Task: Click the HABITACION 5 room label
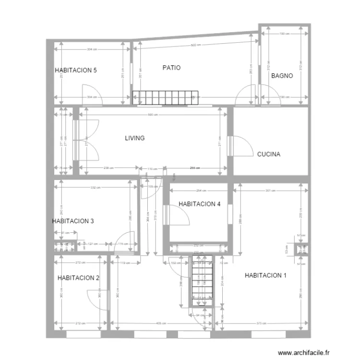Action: tap(76, 70)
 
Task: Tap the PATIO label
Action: tap(171, 68)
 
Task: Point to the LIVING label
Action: tap(135, 138)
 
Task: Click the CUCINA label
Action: tap(269, 155)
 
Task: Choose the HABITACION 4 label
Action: tap(199, 204)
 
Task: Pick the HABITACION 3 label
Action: tap(72, 221)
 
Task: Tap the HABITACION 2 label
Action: tap(78, 278)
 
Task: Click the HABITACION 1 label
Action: tap(265, 276)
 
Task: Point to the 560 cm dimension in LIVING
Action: tap(153, 115)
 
